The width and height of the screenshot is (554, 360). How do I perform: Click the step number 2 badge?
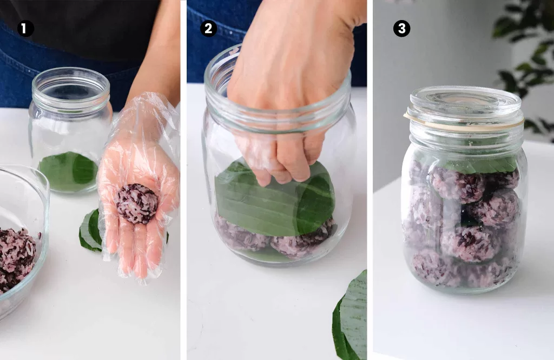[208, 29]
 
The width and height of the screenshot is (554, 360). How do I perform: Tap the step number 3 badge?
[401, 29]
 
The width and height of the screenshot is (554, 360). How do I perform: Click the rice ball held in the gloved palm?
[136, 203]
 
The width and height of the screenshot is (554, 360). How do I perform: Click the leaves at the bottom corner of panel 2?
[352, 319]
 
